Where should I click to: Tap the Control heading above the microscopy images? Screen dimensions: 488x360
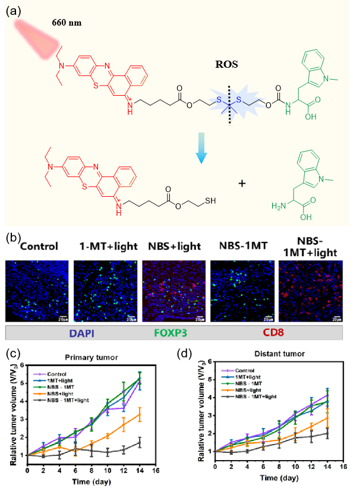(x=37, y=245)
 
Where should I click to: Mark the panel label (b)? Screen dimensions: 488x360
(x=13, y=238)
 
